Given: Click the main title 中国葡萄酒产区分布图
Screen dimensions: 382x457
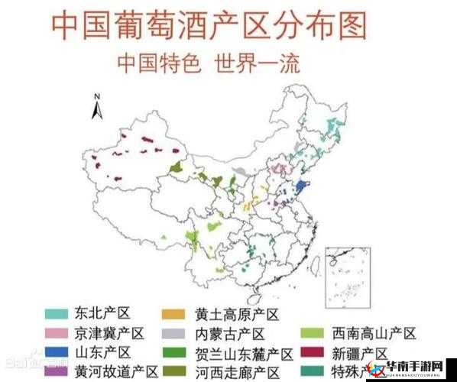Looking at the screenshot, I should point(208,26).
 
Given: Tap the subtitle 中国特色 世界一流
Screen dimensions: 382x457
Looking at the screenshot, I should point(208,62).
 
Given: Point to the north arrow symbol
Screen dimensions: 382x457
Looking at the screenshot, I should point(97,107).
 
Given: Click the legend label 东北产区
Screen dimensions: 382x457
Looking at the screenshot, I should point(102,314).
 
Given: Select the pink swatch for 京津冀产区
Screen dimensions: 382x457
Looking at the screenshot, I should point(57,334).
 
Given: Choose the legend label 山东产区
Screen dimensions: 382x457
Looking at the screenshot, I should point(102,353).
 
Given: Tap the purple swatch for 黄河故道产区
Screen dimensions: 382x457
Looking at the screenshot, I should point(57,372).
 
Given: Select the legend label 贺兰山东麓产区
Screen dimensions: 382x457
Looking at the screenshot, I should point(244,353).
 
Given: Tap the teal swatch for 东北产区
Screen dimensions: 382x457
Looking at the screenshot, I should point(57,314).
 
